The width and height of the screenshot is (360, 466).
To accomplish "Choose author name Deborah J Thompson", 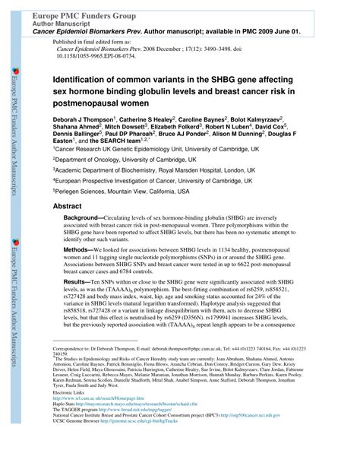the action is coord(82,120).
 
